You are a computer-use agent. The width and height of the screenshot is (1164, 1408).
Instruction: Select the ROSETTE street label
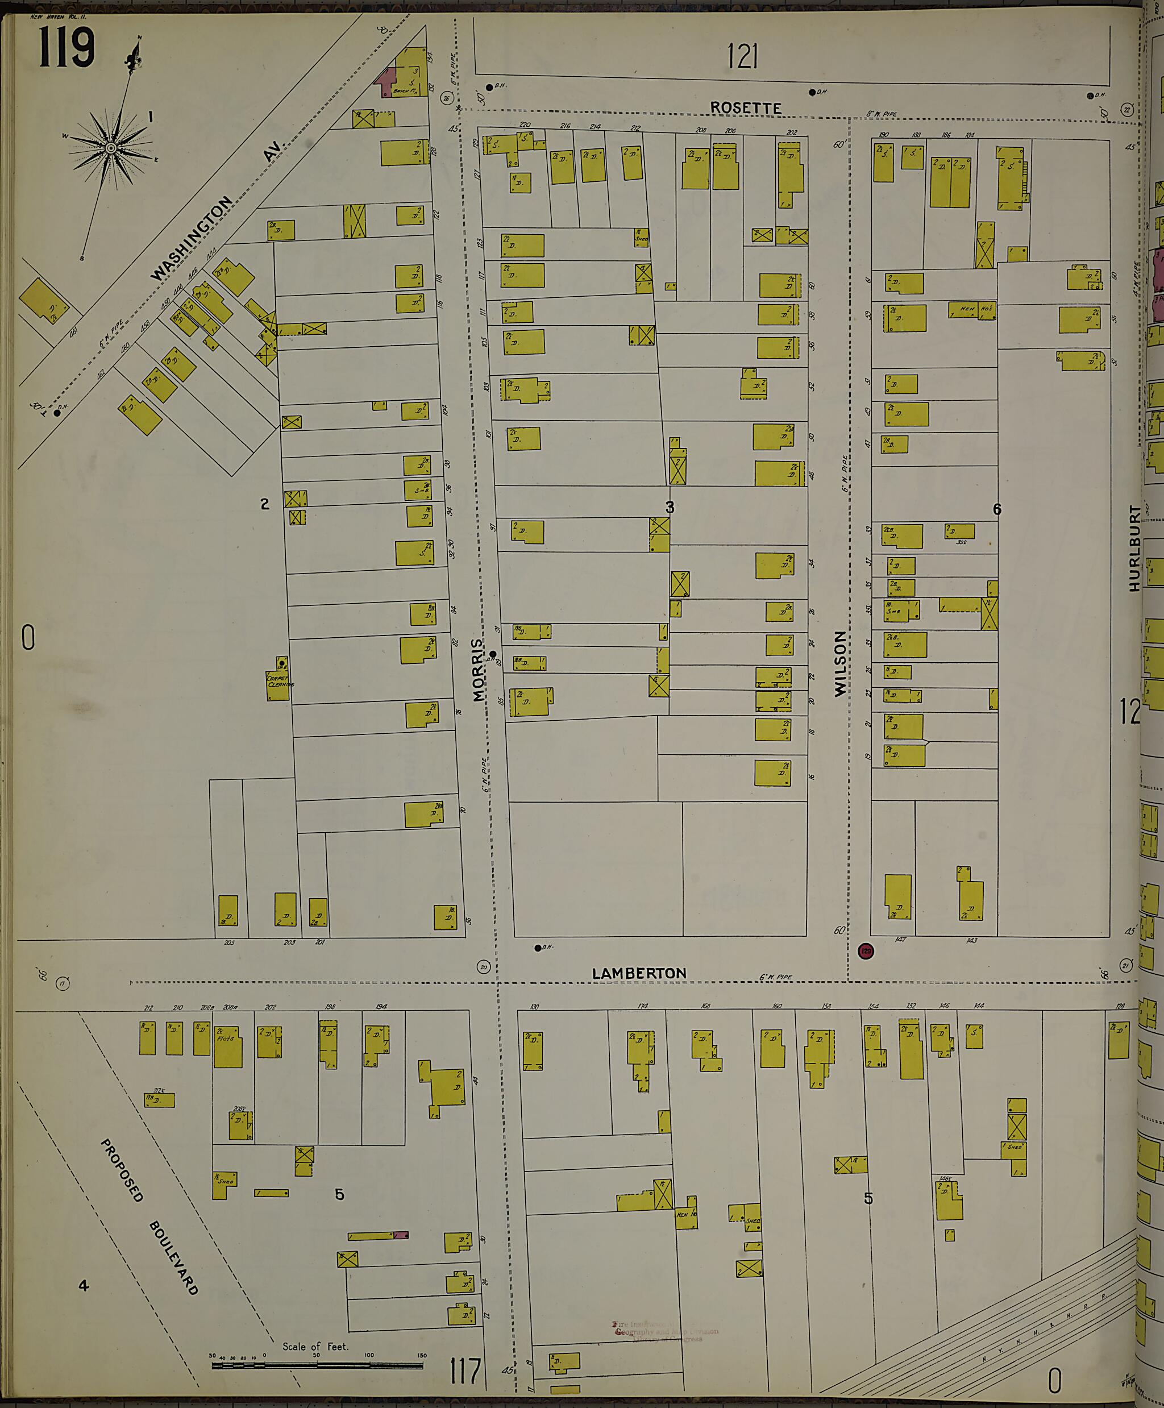[x=746, y=108]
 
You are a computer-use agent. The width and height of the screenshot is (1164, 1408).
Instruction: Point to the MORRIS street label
[x=477, y=669]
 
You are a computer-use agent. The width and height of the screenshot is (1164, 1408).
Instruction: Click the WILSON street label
[x=839, y=664]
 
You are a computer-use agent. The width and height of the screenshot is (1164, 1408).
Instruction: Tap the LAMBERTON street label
[x=639, y=973]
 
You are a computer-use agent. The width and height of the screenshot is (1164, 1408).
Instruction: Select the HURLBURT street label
[x=1134, y=548]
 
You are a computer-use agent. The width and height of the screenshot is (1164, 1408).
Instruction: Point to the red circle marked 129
[x=866, y=951]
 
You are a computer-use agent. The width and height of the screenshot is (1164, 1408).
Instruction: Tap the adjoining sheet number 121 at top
[x=742, y=56]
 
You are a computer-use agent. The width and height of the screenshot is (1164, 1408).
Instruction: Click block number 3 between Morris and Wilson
[x=669, y=508]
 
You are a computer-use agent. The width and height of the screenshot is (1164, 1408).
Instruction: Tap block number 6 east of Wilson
[x=996, y=509]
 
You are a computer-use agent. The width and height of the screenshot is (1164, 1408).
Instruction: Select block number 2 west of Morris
[x=265, y=504]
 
